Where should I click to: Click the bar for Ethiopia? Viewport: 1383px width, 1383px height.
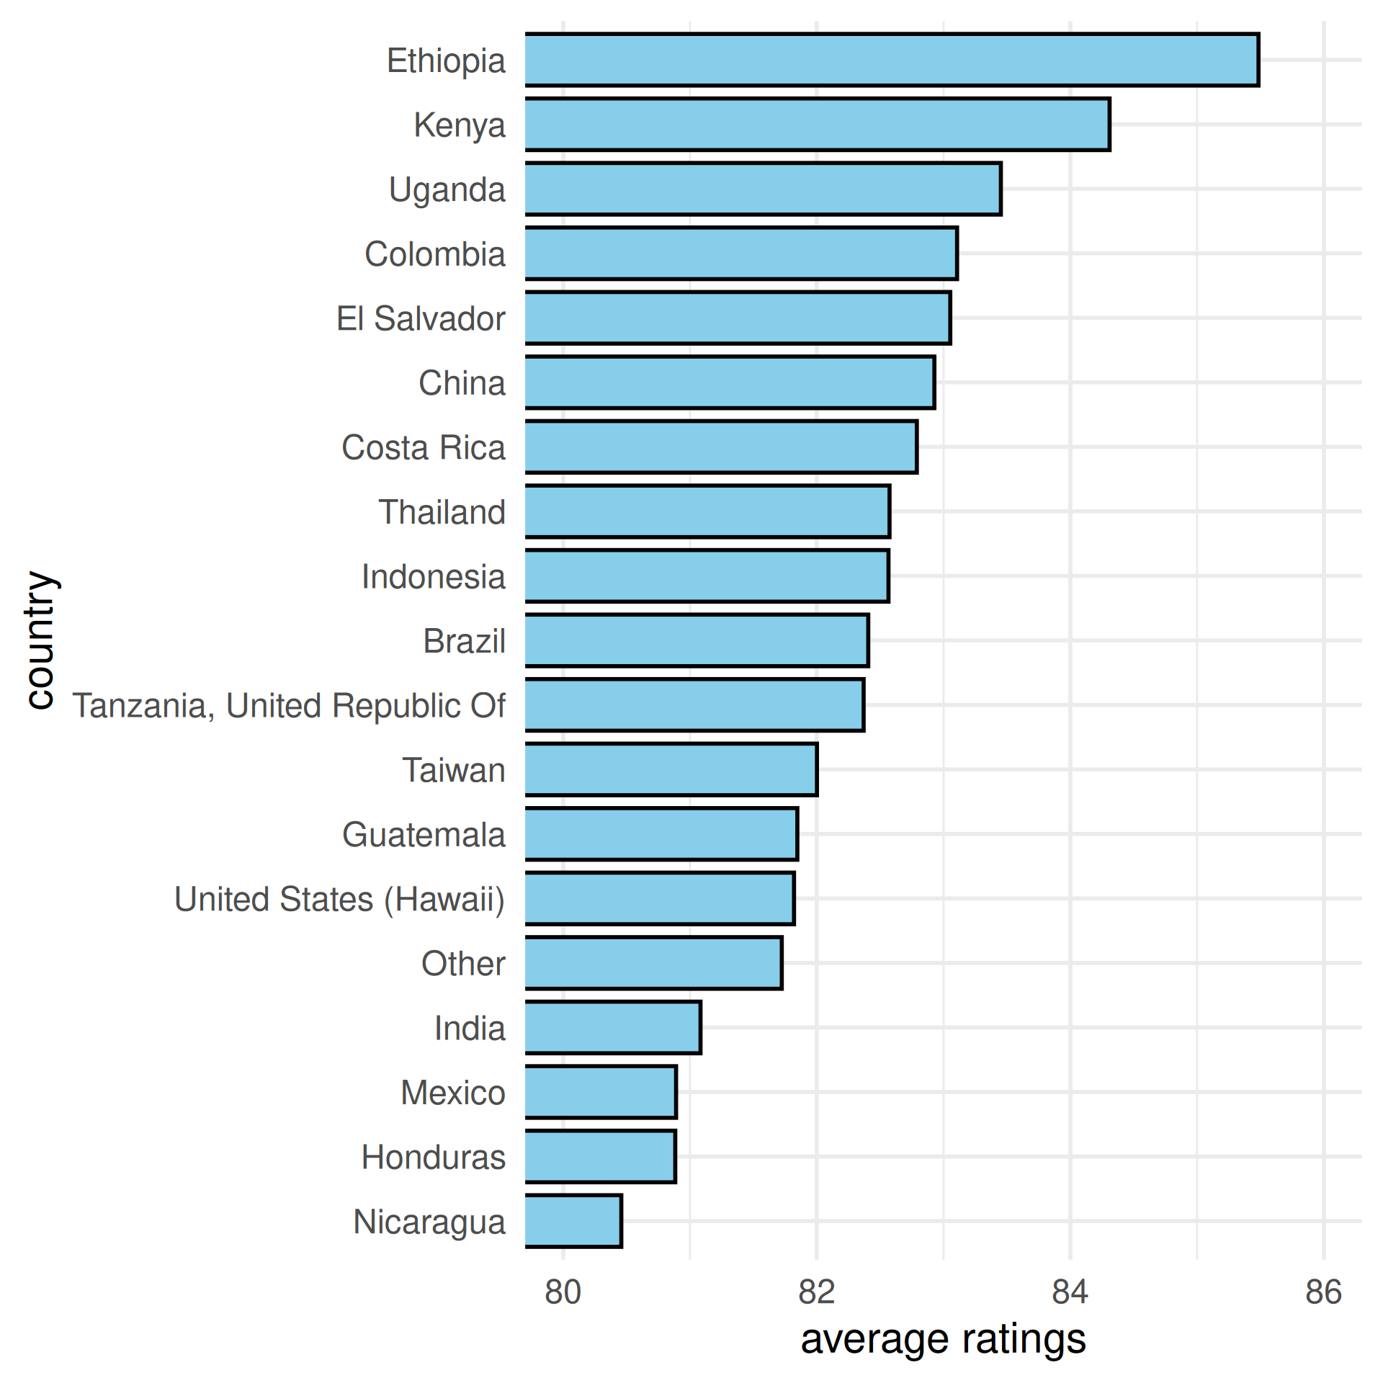892,60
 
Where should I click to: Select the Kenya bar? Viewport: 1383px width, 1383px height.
818,125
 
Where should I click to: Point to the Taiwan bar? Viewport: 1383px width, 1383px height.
671,770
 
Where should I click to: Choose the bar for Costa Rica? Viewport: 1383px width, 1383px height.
721,447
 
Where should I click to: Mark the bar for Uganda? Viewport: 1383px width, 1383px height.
763,189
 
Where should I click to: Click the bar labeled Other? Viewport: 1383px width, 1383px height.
653,963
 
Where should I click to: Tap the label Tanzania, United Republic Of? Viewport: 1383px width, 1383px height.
289,706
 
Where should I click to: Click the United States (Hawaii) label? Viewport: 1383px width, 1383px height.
339,899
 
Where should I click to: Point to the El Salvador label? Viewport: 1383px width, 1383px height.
421,318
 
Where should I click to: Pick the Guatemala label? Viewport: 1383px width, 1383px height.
424,835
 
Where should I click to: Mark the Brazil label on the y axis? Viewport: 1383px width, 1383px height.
464,641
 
